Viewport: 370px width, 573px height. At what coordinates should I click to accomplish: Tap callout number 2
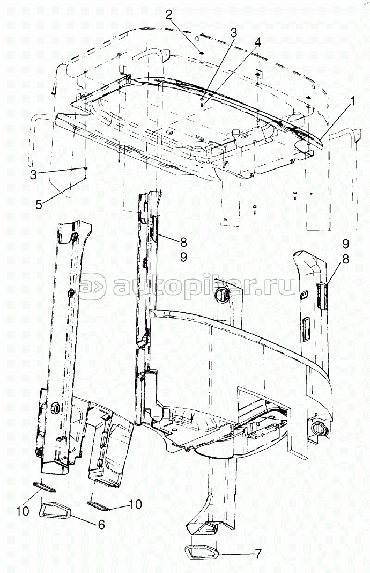pyautogui.click(x=169, y=14)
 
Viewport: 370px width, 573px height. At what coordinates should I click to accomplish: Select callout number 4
pyautogui.click(x=258, y=42)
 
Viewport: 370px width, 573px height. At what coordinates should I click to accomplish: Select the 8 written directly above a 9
pyautogui.click(x=183, y=243)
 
